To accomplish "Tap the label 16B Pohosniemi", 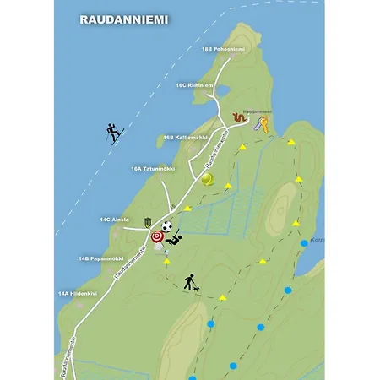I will [223, 49].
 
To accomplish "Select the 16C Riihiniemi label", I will [194, 85].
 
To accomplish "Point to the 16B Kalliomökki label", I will [186, 136].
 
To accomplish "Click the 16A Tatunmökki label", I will [151, 168].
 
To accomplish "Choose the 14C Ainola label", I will [115, 220].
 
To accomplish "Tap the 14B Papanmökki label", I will [101, 258].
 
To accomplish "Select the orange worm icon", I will [239, 118].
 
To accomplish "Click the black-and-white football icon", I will [167, 226].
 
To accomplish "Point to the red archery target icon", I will [157, 237].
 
